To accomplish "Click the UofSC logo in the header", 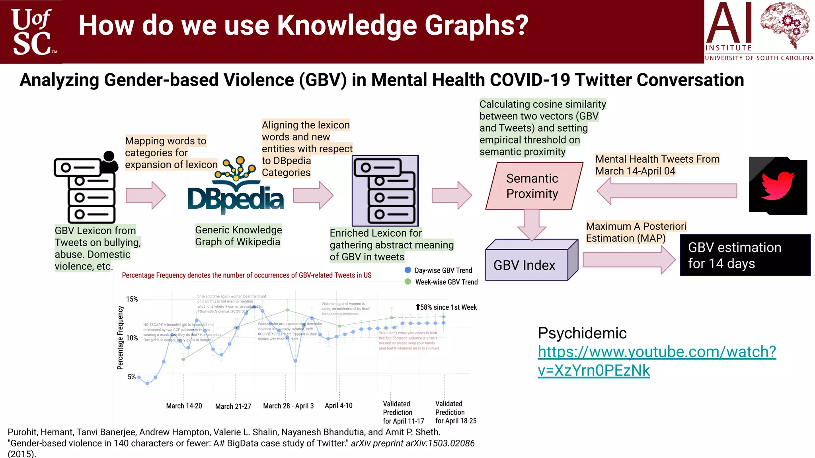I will click(x=32, y=32).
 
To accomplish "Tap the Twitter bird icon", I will click(x=778, y=186).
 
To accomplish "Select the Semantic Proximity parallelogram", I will click(x=533, y=186).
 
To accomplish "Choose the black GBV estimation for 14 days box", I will click(x=745, y=255).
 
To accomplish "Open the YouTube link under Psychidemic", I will click(x=656, y=361).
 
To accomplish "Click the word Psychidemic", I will click(x=582, y=333).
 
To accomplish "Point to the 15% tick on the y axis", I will click(x=132, y=299).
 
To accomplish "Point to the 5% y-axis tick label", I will click(x=132, y=376).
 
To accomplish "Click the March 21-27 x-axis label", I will click(x=233, y=406).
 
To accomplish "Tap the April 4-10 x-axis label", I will click(x=338, y=406).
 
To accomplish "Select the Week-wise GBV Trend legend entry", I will click(x=441, y=282).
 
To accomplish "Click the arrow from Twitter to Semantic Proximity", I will click(x=667, y=191).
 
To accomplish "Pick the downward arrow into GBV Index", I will click(x=532, y=225).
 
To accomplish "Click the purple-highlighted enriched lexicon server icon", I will click(x=385, y=191).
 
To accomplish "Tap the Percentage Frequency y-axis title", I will click(x=120, y=338).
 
